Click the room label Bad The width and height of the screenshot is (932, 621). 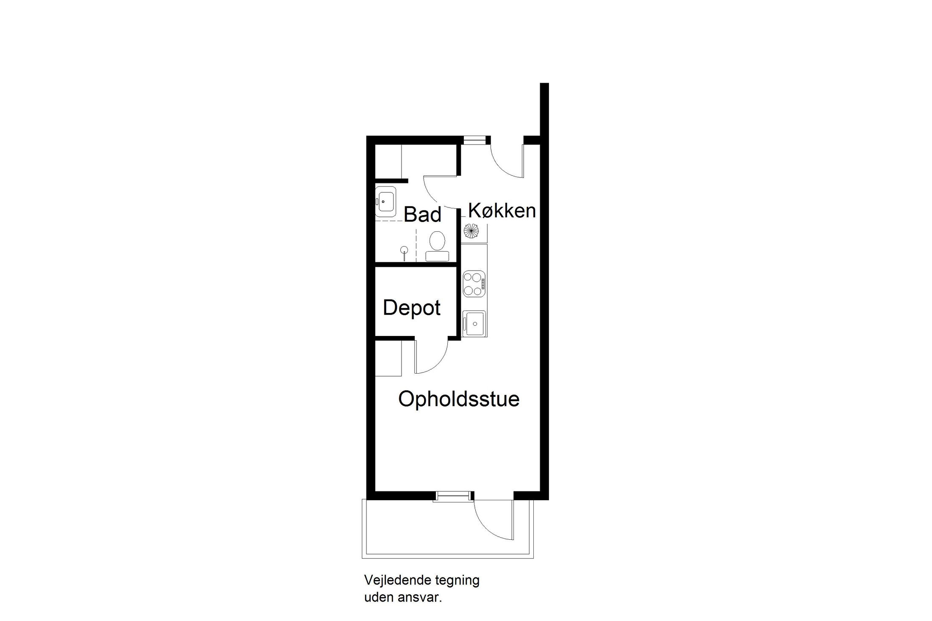[x=422, y=214]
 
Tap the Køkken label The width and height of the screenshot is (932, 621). [x=502, y=211]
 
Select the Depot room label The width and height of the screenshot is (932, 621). [x=411, y=308]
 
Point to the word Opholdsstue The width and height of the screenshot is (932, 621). [x=459, y=399]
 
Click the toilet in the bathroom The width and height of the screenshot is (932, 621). [x=437, y=247]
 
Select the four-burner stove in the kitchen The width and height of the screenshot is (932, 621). [x=474, y=283]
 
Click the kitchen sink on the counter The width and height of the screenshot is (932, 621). [x=474, y=323]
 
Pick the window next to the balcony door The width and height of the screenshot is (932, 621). [x=454, y=495]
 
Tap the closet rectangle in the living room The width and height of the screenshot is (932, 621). [x=388, y=358]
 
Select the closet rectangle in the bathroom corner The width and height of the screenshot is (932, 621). [x=388, y=161]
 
